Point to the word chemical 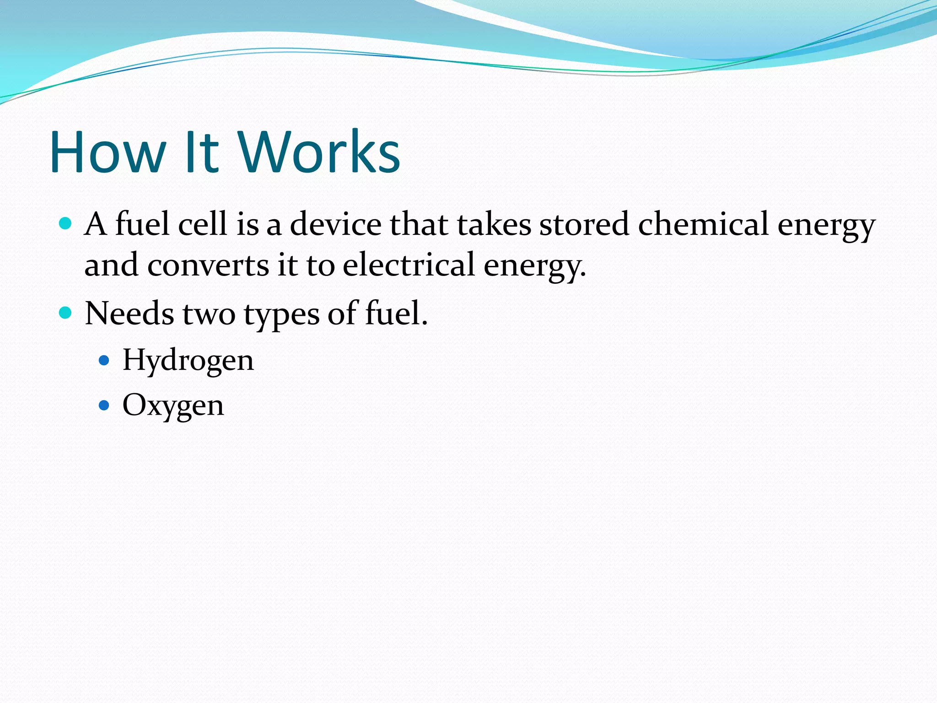point(703,224)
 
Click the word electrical point(409,265)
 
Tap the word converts point(208,265)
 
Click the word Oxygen point(173,406)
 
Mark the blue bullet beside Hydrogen point(104,360)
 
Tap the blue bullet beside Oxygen point(104,405)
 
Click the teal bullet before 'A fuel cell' point(66,223)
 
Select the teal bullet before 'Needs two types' point(66,313)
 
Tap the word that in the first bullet point(419,224)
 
